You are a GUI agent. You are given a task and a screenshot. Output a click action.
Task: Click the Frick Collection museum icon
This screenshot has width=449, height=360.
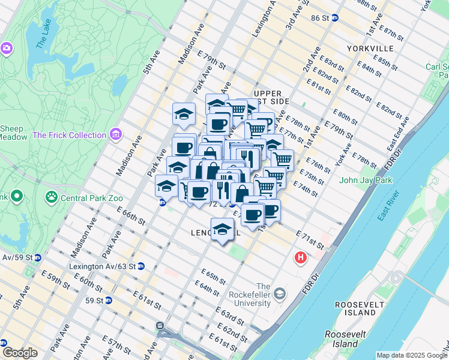pyautogui.click(x=116, y=135)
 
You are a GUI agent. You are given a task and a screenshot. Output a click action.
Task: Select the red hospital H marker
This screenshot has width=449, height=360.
pyautogui.click(x=300, y=258)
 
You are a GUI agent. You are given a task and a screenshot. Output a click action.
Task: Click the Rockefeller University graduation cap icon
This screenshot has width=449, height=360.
pyautogui.click(x=280, y=293)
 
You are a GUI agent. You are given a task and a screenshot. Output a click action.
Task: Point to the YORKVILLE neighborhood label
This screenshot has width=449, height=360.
pyautogui.click(x=370, y=48)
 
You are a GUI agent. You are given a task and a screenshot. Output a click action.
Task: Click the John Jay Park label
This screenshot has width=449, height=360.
pyautogui.click(x=365, y=179)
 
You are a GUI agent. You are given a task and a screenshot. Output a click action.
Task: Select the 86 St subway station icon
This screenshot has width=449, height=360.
pyautogui.click(x=335, y=18)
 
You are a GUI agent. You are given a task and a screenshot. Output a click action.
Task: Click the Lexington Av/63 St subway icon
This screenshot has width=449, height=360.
pyautogui.click(x=140, y=266)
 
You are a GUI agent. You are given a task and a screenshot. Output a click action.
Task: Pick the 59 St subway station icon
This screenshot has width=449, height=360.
pyautogui.click(x=109, y=300)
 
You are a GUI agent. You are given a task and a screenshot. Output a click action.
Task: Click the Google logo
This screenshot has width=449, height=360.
pyautogui.click(x=20, y=353)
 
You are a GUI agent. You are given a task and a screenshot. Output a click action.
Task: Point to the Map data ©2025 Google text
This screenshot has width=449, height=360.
pyautogui.click(x=412, y=355)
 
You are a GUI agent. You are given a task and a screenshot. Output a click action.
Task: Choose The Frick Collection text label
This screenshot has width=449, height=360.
pyautogui.click(x=70, y=135)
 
